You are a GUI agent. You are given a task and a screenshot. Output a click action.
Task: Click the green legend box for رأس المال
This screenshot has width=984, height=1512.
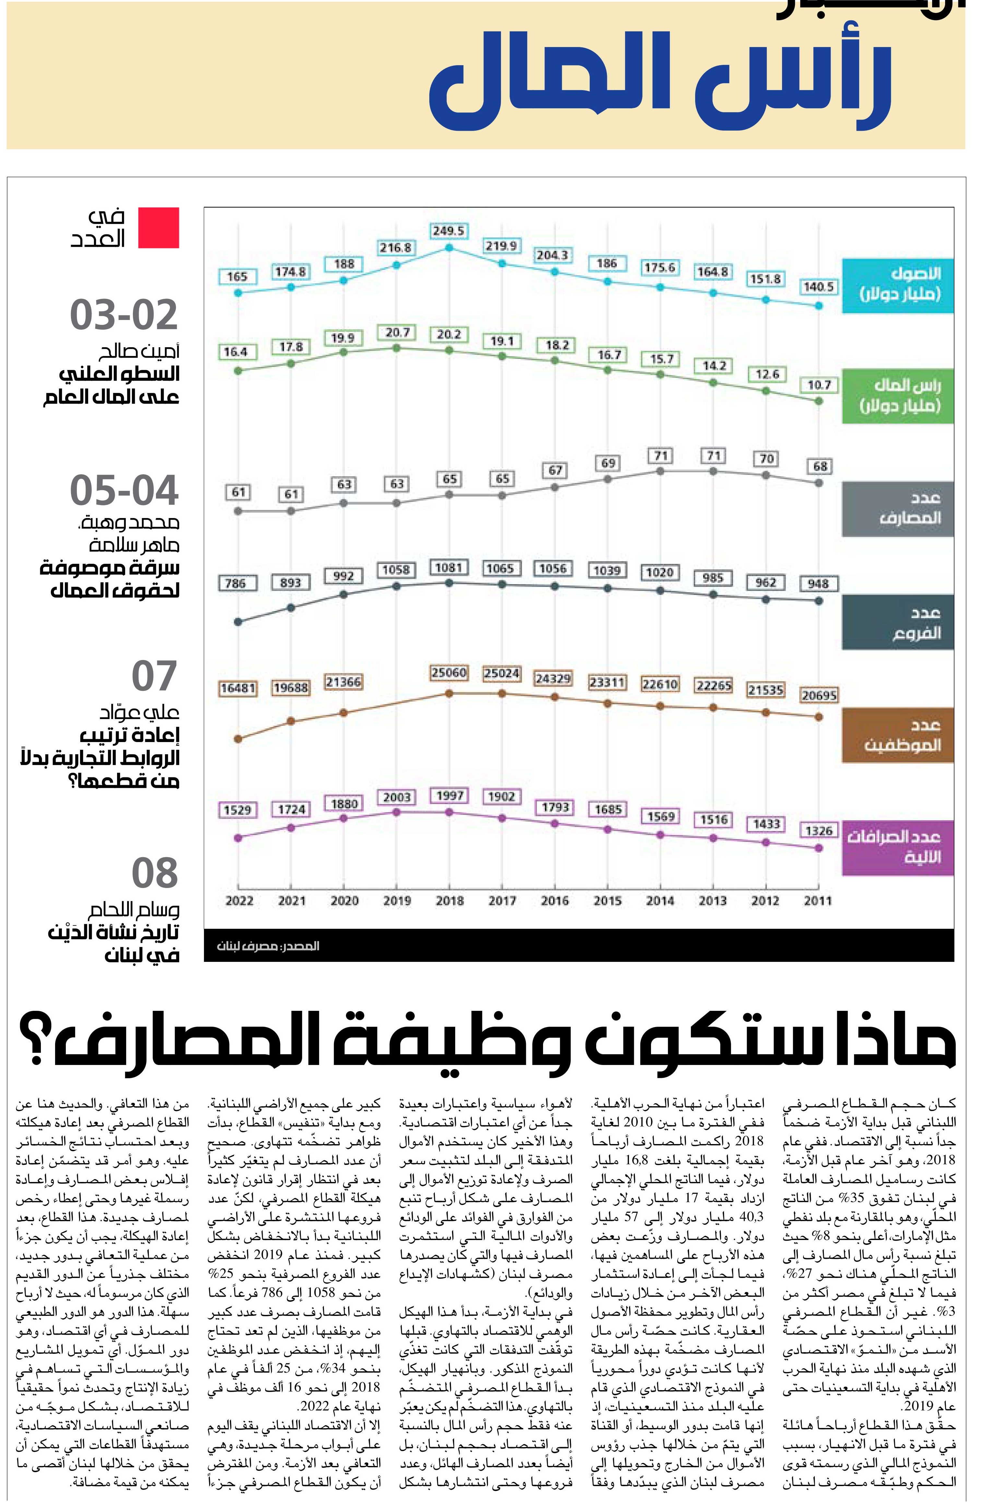point(898,395)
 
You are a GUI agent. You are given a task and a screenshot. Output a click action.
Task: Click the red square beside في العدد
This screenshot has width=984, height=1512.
point(159,228)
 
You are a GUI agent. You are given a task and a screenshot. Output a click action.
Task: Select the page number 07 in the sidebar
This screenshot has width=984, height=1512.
point(154,676)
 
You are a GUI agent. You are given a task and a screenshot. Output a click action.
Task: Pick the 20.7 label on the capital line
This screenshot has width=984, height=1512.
point(397,332)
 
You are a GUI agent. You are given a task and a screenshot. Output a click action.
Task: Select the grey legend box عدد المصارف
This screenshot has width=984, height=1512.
point(898,509)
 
